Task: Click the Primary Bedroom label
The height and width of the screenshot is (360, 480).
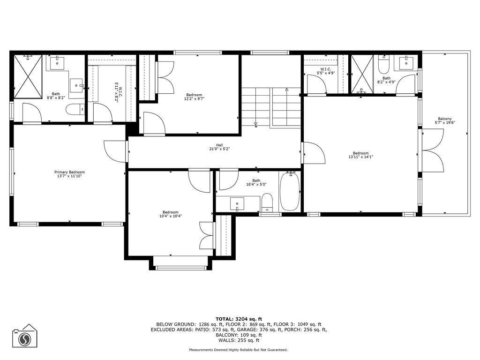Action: tap(69, 174)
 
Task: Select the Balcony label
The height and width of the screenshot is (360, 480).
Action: tap(445, 120)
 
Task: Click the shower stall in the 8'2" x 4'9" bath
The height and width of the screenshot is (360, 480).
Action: tap(362, 75)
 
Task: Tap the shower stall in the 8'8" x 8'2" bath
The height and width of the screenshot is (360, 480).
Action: tap(28, 76)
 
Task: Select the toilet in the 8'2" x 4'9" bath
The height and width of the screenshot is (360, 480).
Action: tap(383, 63)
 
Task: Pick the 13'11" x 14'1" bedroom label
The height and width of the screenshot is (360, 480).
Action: tap(360, 155)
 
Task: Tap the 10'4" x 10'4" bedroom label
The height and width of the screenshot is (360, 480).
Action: tap(170, 214)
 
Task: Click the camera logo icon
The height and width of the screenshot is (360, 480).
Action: tap(24, 337)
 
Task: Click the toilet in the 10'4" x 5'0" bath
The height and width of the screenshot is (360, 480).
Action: tap(267, 202)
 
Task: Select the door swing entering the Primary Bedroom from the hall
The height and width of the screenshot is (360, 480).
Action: tap(114, 151)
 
